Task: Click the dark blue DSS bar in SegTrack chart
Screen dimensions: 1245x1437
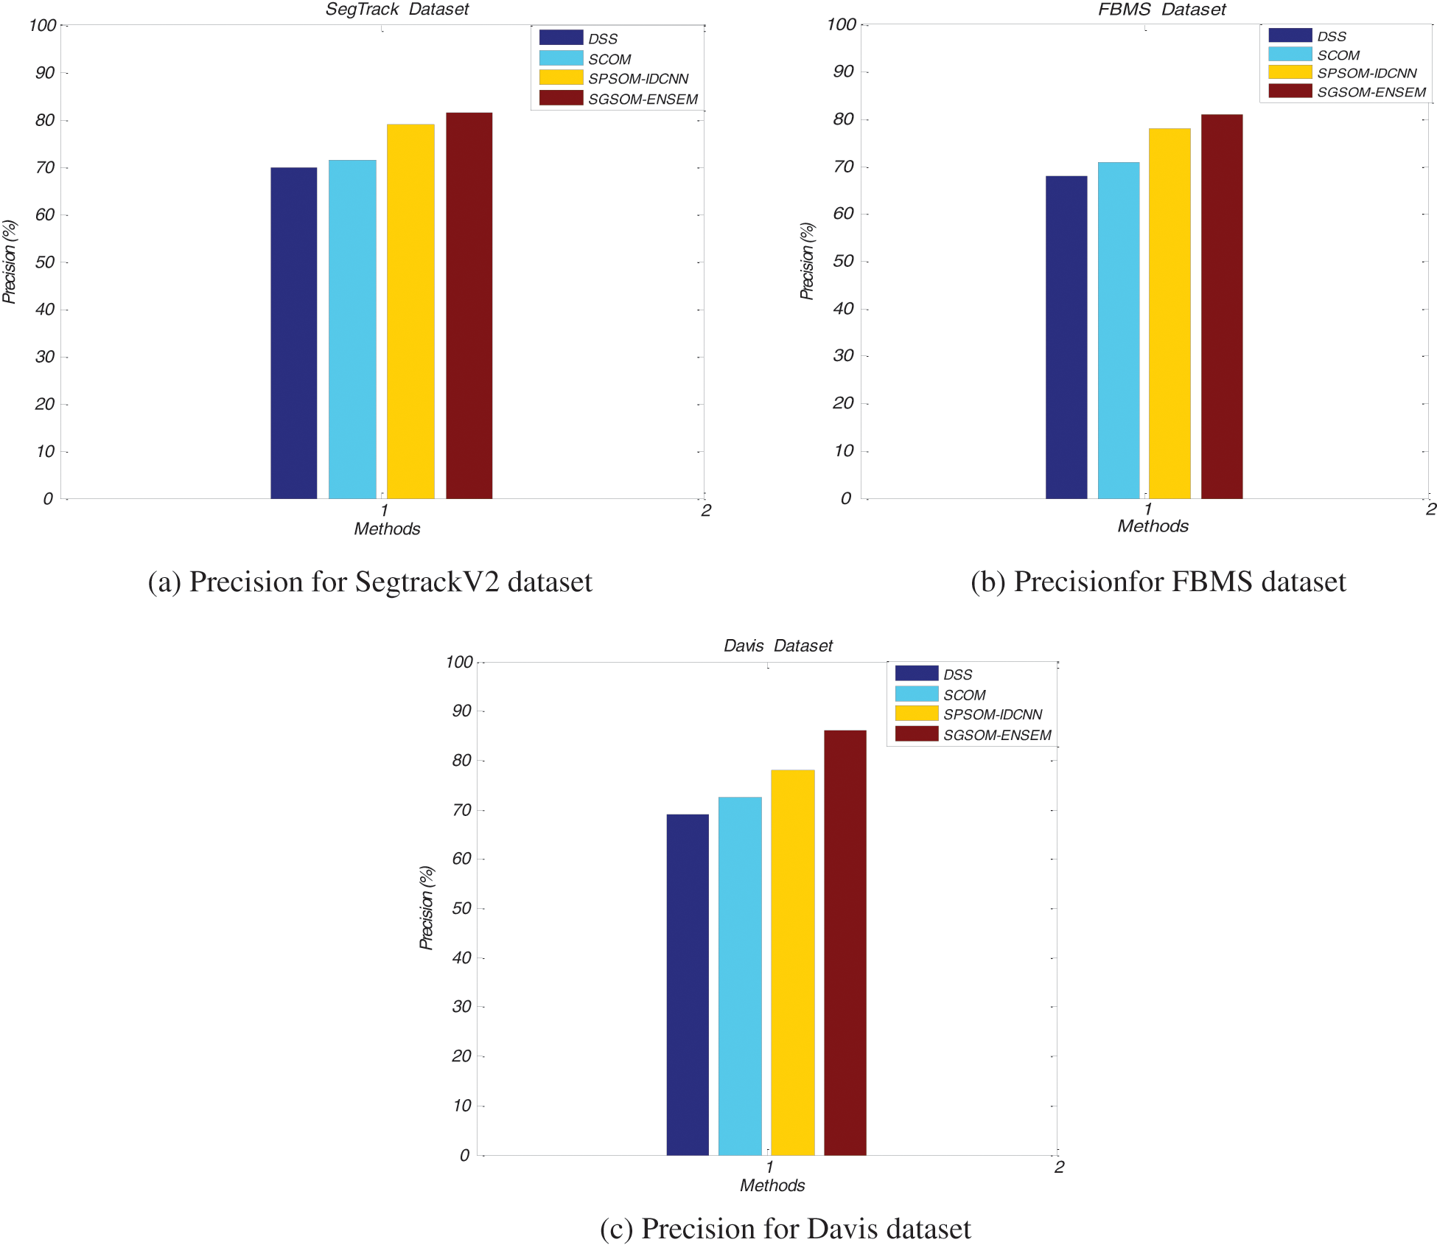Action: (293, 333)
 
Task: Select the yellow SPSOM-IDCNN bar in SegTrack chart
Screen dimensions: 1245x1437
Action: (410, 311)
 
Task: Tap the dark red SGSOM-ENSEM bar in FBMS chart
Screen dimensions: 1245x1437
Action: (1221, 307)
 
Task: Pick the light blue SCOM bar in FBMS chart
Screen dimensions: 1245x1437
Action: (1118, 330)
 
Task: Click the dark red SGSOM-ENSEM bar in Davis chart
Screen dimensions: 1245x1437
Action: (845, 942)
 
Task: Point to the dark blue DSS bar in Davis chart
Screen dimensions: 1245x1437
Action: (687, 984)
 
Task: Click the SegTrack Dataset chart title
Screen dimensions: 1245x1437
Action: (397, 10)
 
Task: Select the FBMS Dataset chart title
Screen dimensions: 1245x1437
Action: (1161, 10)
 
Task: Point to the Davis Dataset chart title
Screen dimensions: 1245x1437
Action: (777, 646)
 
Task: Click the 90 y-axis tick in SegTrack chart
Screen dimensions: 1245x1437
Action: (45, 73)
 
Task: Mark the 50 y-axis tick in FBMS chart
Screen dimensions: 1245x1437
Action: (843, 262)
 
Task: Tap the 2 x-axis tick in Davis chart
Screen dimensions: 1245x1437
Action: (1059, 1167)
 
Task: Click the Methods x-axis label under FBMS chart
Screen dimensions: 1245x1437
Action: (1153, 526)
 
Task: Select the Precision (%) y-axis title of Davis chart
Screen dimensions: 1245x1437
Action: (426, 908)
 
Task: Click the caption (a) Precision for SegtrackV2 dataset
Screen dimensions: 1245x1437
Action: (370, 582)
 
